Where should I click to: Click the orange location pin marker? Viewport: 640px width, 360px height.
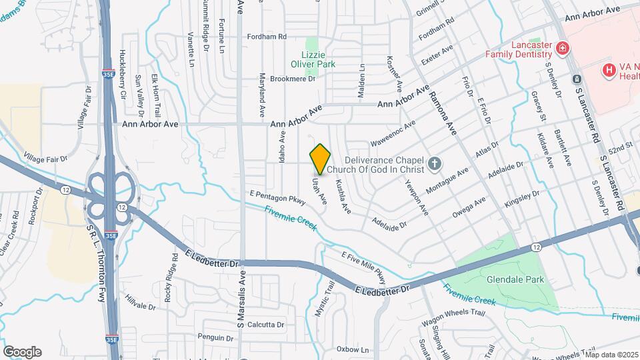click(x=321, y=159)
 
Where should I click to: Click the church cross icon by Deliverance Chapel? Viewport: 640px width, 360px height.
click(x=435, y=163)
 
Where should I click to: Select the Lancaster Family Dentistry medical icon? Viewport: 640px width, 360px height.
click(x=563, y=48)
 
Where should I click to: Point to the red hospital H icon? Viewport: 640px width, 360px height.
click(x=608, y=69)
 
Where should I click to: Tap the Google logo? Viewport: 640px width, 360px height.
click(x=22, y=352)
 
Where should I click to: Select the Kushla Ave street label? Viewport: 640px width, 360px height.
click(x=343, y=196)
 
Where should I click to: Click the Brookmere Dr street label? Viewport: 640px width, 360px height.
click(x=293, y=79)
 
